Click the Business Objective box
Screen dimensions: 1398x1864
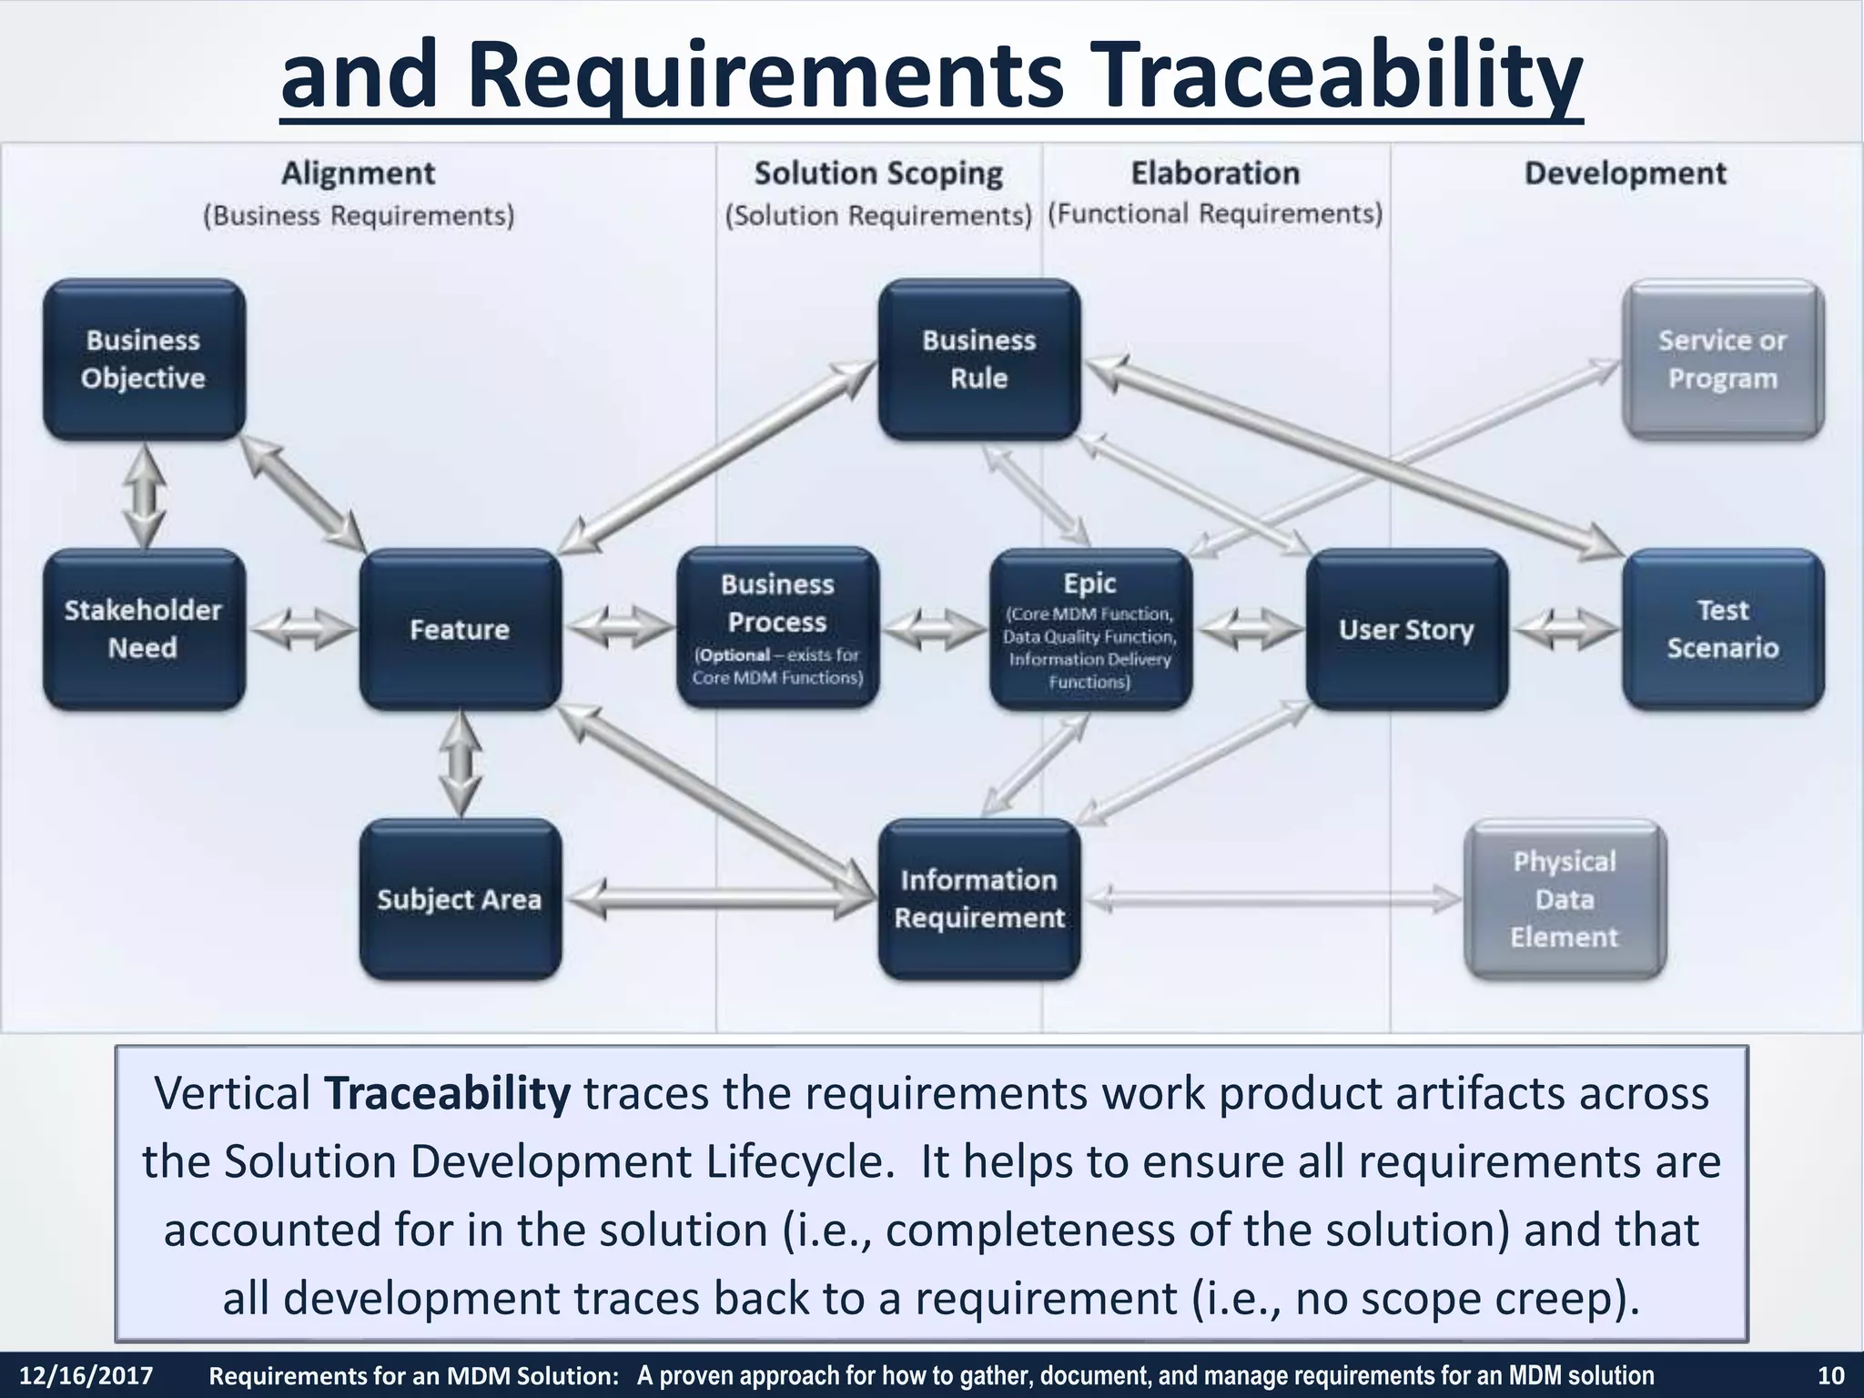pos(144,360)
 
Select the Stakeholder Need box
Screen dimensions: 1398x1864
pos(144,629)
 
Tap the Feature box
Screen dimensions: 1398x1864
pos(460,629)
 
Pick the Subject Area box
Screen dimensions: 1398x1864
pos(460,899)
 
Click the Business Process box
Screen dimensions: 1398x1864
pos(777,628)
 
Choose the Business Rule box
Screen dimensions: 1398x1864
pos(978,360)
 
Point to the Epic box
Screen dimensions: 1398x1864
pos(1089,629)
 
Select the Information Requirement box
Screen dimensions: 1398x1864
pos(978,899)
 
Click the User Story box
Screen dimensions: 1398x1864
pos(1406,629)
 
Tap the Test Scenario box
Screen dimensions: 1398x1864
pos(1722,629)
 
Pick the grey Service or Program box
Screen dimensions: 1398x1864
pos(1722,360)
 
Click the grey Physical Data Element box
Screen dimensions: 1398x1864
pos(1564,899)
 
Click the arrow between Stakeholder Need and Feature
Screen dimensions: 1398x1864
pos(303,629)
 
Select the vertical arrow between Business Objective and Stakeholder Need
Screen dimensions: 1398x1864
pos(145,496)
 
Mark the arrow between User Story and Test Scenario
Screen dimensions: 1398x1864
pos(1565,629)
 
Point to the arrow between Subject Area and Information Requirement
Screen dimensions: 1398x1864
pos(719,899)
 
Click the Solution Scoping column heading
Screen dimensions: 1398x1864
pos(878,173)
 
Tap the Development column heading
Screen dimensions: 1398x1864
pos(1625,173)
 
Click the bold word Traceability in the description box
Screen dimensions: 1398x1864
pos(447,1093)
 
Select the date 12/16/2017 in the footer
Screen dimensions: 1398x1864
pos(86,1375)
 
